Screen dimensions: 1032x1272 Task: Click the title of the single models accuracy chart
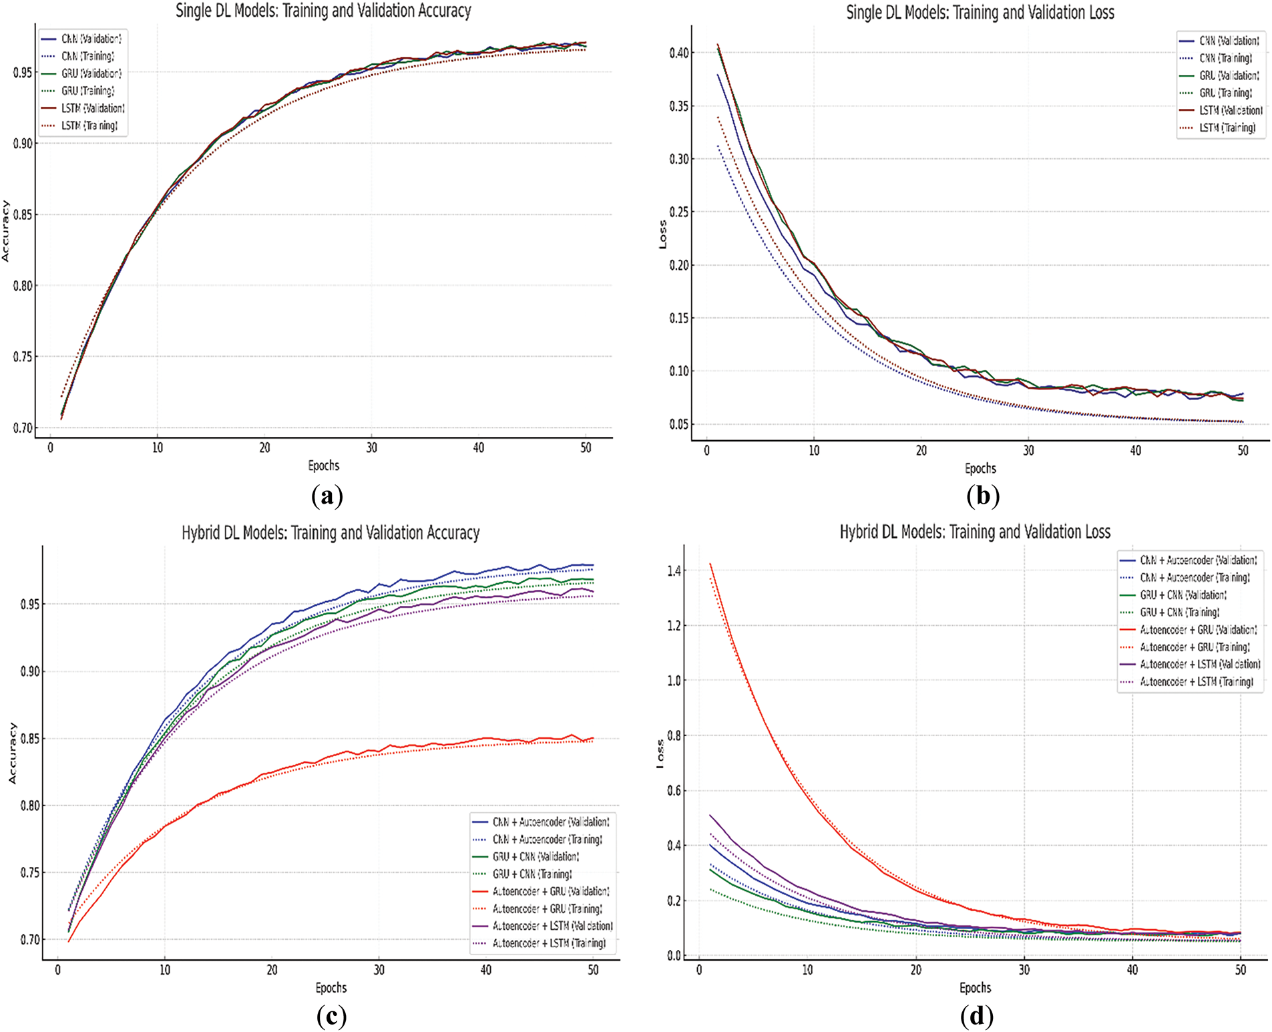point(323,11)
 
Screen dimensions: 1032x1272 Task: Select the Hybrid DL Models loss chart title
point(975,532)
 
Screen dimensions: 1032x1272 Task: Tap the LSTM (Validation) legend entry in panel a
point(93,108)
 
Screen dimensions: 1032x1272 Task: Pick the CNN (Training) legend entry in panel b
point(1225,58)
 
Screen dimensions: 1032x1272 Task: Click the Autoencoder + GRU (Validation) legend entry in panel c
point(550,891)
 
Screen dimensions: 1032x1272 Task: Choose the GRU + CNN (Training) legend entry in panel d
point(1179,612)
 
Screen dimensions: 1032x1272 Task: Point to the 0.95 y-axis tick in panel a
point(23,72)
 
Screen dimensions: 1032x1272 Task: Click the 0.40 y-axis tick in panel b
point(679,53)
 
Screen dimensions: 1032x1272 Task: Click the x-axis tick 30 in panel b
point(1028,450)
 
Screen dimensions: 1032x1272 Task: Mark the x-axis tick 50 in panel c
point(593,970)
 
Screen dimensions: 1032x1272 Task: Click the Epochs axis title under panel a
point(324,466)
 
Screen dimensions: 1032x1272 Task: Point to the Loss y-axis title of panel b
point(662,234)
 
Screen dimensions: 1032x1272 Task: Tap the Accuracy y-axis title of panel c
point(12,753)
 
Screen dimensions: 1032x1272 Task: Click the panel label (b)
point(982,496)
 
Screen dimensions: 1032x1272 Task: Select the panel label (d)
point(976,1016)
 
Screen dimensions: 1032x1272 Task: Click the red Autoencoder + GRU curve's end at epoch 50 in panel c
point(592,738)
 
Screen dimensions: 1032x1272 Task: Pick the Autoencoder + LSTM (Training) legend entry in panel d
point(1196,681)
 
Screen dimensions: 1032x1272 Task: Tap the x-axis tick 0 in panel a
point(50,448)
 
